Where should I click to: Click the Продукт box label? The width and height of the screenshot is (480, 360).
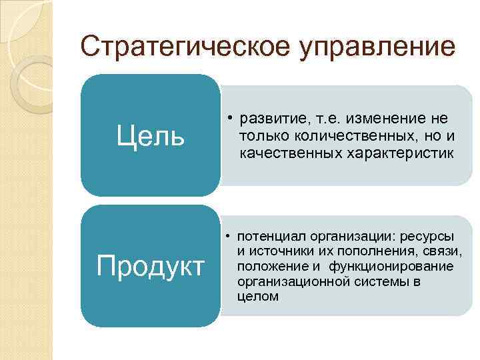pos(150,266)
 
